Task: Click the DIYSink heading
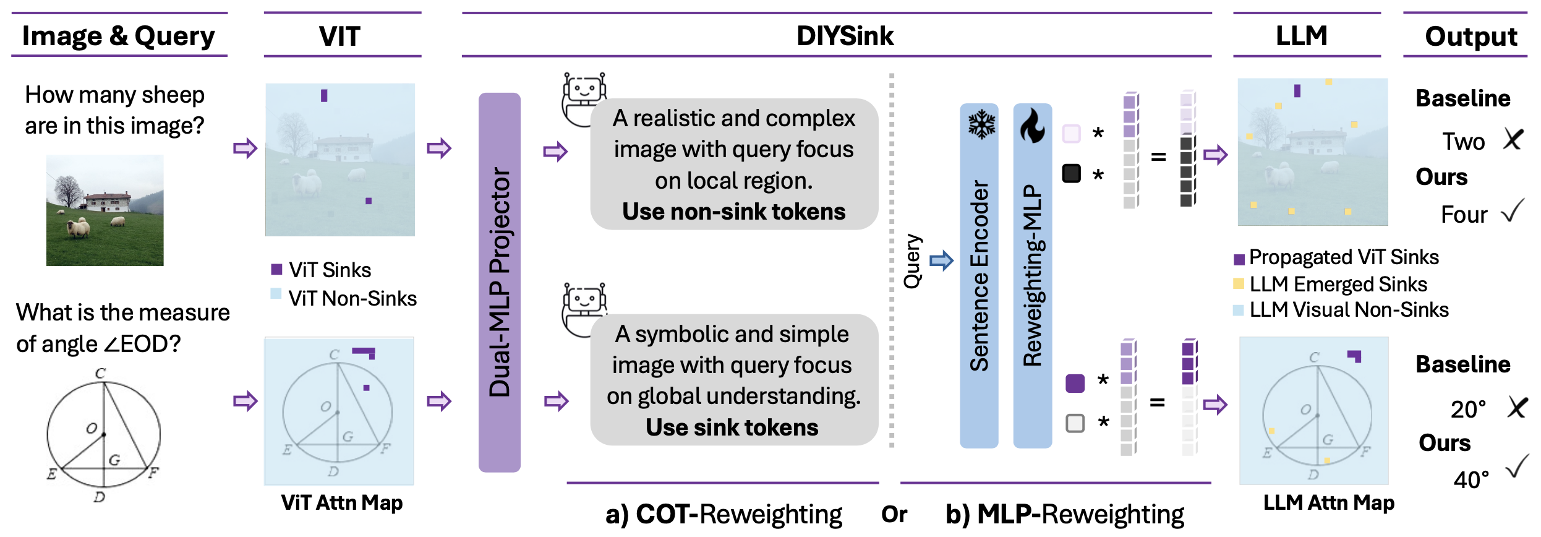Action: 844,36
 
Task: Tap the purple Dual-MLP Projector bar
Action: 499,282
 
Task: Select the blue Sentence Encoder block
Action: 978,276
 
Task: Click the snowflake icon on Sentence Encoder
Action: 981,124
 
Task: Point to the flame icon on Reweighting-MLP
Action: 1032,126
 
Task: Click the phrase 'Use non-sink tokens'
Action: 733,212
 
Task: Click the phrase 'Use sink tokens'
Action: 732,427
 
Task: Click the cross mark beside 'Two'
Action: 1513,140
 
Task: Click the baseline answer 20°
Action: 1467,409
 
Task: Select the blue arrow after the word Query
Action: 941,260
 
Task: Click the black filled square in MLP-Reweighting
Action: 1071,173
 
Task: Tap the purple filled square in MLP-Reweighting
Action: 1075,383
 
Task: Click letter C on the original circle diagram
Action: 100,373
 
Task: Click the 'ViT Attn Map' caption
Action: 341,502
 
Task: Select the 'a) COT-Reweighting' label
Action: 723,514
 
